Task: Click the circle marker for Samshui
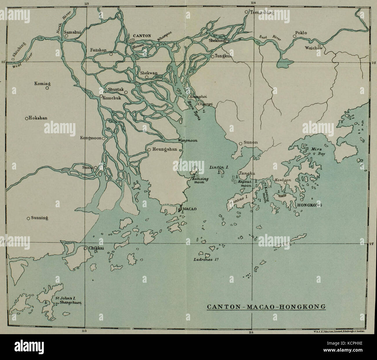[66, 36]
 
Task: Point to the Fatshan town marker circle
[111, 54]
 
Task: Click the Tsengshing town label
[261, 13]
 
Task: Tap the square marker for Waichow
[319, 46]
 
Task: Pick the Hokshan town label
[38, 118]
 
